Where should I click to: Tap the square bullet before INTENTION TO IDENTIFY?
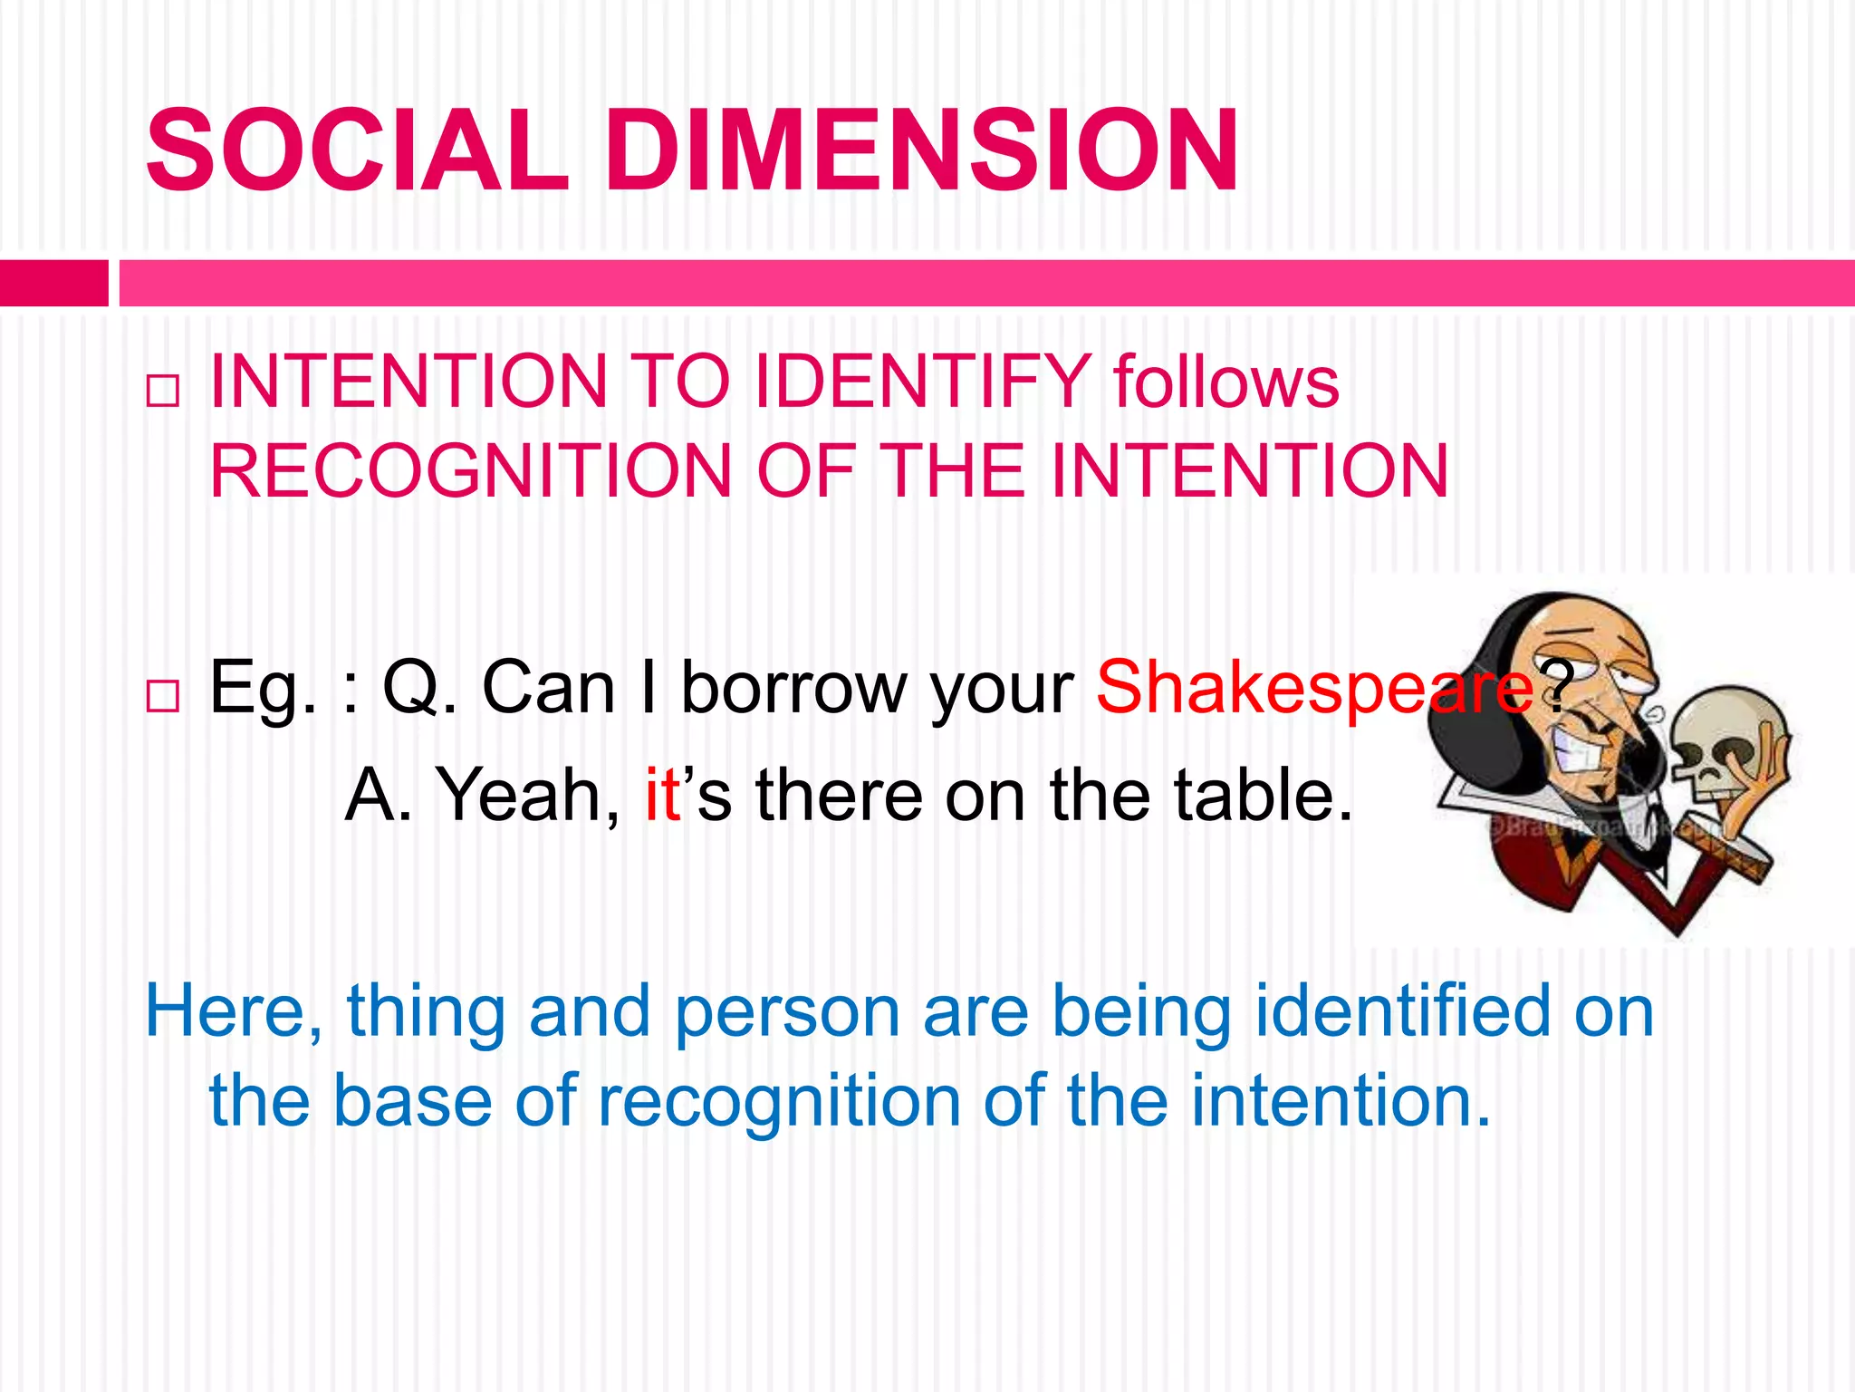[163, 391]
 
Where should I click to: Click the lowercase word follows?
[1225, 382]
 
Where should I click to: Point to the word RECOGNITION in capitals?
[470, 471]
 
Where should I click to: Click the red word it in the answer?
[662, 795]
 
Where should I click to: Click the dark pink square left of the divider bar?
[53, 283]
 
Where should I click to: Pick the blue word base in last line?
[413, 1102]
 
